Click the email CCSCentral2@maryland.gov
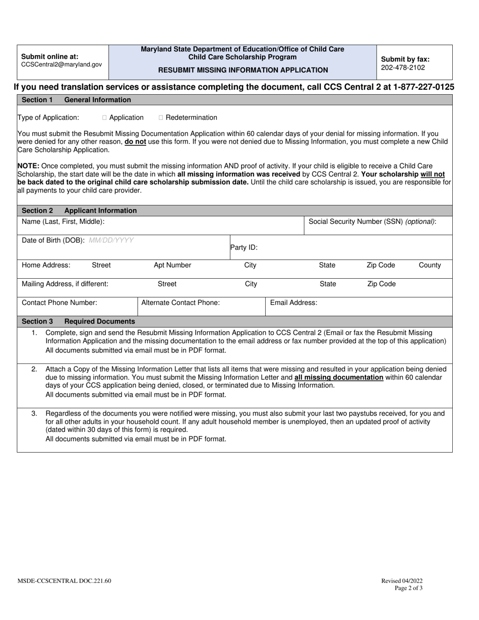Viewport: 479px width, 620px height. click(x=62, y=65)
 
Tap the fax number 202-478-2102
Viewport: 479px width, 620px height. click(x=403, y=68)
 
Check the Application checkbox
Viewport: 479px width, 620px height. click(x=104, y=118)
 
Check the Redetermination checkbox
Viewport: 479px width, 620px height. click(x=161, y=118)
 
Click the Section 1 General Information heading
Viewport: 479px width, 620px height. click(x=76, y=100)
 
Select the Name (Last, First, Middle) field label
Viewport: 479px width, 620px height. click(x=63, y=221)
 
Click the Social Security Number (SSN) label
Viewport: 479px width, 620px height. click(x=372, y=221)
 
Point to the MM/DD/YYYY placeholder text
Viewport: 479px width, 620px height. click(x=111, y=240)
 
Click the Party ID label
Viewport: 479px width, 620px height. click(x=244, y=247)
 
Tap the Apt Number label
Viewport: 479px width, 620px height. click(x=172, y=265)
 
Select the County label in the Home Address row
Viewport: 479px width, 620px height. click(x=430, y=265)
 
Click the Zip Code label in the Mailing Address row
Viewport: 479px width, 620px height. click(x=381, y=284)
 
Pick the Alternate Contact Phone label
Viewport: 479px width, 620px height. click(x=181, y=303)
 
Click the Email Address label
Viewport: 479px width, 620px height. click(x=293, y=303)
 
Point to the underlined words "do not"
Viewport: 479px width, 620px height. click(x=136, y=142)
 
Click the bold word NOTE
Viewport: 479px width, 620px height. click(x=28, y=166)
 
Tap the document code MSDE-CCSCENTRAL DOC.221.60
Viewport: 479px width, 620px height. click(x=65, y=581)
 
